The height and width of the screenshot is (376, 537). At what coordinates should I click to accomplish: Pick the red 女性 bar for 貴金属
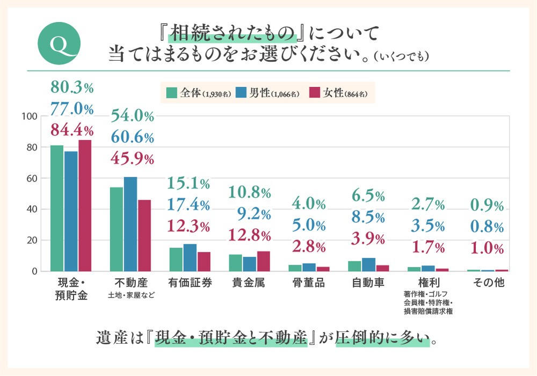263,261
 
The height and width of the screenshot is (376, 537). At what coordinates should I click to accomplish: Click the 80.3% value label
72,88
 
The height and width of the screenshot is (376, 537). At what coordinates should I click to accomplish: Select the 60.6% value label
132,138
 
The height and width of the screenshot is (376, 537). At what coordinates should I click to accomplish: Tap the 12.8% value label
250,235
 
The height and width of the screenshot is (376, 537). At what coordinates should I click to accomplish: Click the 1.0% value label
487,249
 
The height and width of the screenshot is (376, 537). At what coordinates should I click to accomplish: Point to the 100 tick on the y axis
29,117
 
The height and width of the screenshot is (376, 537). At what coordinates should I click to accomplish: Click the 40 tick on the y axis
32,209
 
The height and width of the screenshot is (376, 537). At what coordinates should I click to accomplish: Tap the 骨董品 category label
309,283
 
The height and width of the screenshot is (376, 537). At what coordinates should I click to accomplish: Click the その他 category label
488,283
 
